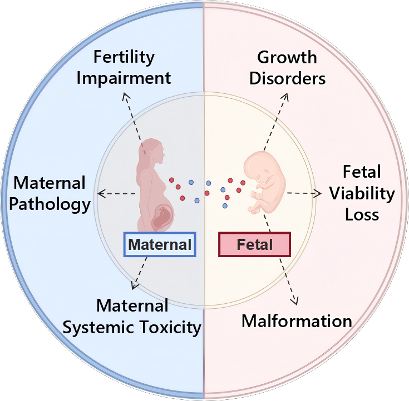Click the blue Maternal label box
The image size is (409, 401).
click(160, 244)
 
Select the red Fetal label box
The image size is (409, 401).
click(254, 244)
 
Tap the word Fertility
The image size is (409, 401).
click(124, 57)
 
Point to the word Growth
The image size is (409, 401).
click(287, 57)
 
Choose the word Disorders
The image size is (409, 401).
click(287, 78)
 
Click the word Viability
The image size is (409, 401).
click(362, 194)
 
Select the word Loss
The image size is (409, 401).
click(362, 214)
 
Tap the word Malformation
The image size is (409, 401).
click(297, 320)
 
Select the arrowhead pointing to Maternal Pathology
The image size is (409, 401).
click(101, 193)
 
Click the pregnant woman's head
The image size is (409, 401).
click(152, 150)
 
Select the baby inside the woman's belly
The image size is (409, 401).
click(163, 217)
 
